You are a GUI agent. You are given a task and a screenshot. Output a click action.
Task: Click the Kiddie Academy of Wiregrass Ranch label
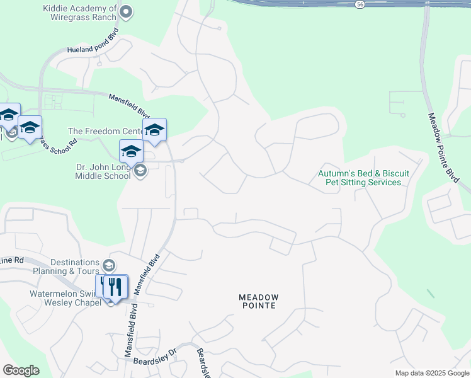pos(79,13)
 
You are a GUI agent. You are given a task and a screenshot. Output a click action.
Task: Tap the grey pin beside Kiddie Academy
pos(126,11)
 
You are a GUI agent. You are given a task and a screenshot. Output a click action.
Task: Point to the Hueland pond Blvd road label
pos(93,44)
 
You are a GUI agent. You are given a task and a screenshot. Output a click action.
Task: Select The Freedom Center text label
pos(105,131)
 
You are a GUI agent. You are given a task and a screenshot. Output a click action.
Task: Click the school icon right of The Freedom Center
pos(154,130)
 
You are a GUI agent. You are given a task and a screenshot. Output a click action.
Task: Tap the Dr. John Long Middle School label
pos(103,171)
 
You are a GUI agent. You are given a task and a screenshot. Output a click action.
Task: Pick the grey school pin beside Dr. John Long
pos(140,170)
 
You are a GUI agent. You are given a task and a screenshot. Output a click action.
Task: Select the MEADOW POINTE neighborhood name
pos(258,301)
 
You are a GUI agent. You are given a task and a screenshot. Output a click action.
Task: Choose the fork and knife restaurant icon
pos(115,287)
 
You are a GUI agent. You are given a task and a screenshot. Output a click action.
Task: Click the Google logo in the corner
pos(21,370)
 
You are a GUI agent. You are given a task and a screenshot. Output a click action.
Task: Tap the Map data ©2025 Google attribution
pos(432,373)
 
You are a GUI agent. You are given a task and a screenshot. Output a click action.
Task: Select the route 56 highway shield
pos(360,4)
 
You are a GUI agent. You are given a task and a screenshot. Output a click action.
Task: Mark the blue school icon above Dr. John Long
pos(132,152)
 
